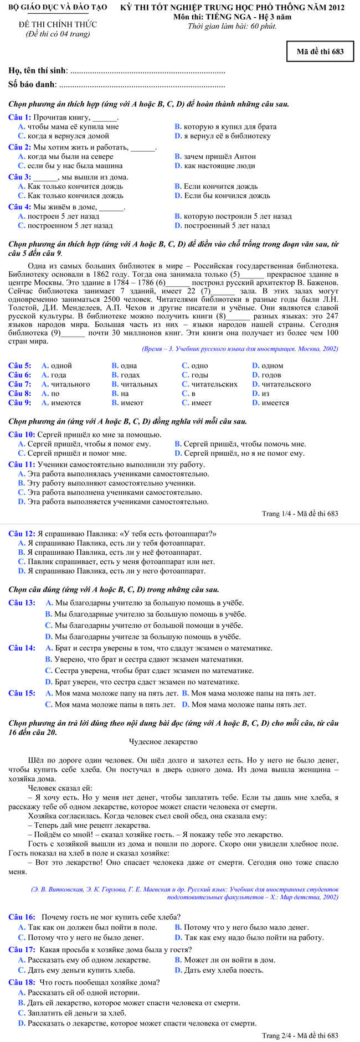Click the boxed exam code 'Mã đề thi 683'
320,51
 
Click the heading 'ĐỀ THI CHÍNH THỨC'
58,24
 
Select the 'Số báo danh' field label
32,84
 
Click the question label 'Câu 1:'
19,117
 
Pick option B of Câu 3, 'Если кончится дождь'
220,186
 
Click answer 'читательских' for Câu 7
214,384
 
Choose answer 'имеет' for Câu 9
201,403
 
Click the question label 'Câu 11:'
22,464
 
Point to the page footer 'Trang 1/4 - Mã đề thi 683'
300,513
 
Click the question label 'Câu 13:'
22,602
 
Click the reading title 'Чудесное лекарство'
163,741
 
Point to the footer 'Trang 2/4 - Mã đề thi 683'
300,1035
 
